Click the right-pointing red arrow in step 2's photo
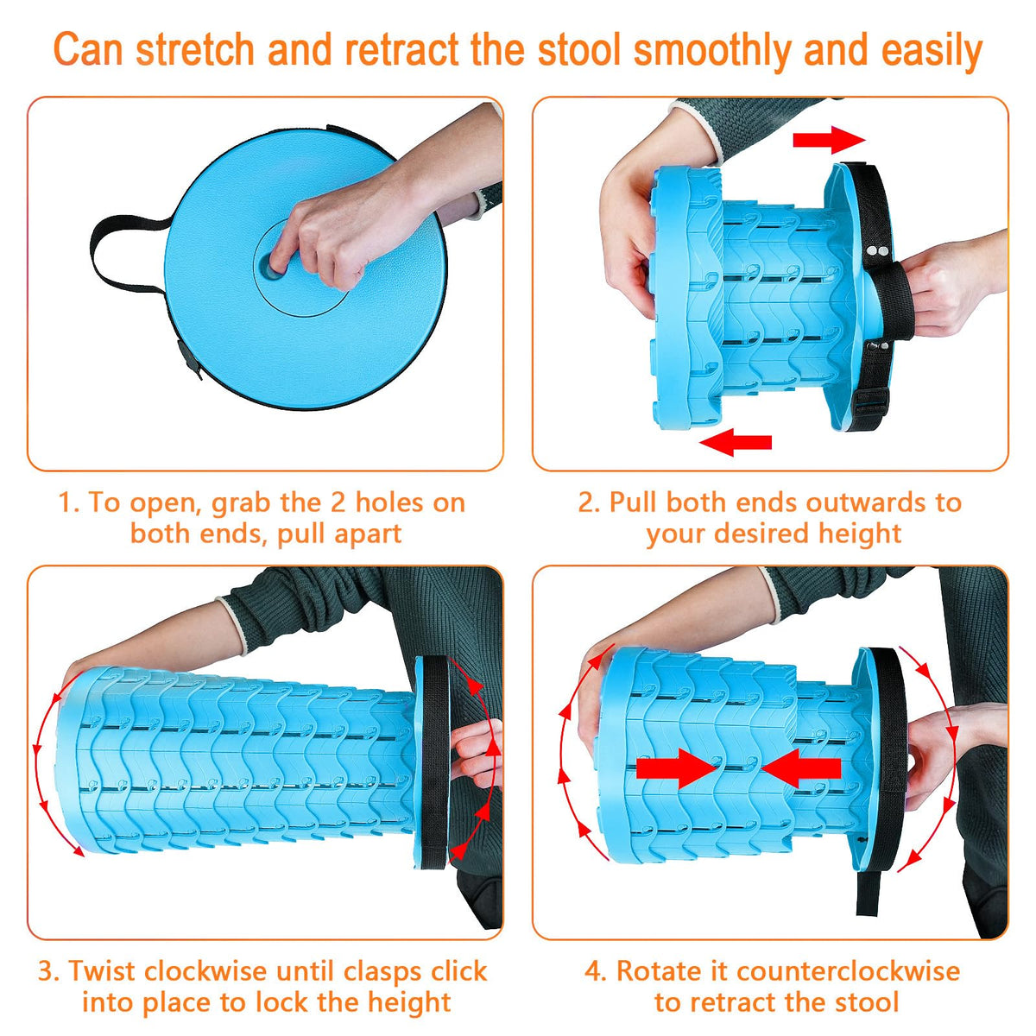(829, 140)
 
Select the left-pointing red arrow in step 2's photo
(736, 442)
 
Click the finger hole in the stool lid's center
(271, 264)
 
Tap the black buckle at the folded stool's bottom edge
(190, 358)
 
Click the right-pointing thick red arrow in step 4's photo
(676, 768)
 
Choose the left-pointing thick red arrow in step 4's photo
(801, 768)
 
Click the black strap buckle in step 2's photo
(871, 401)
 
